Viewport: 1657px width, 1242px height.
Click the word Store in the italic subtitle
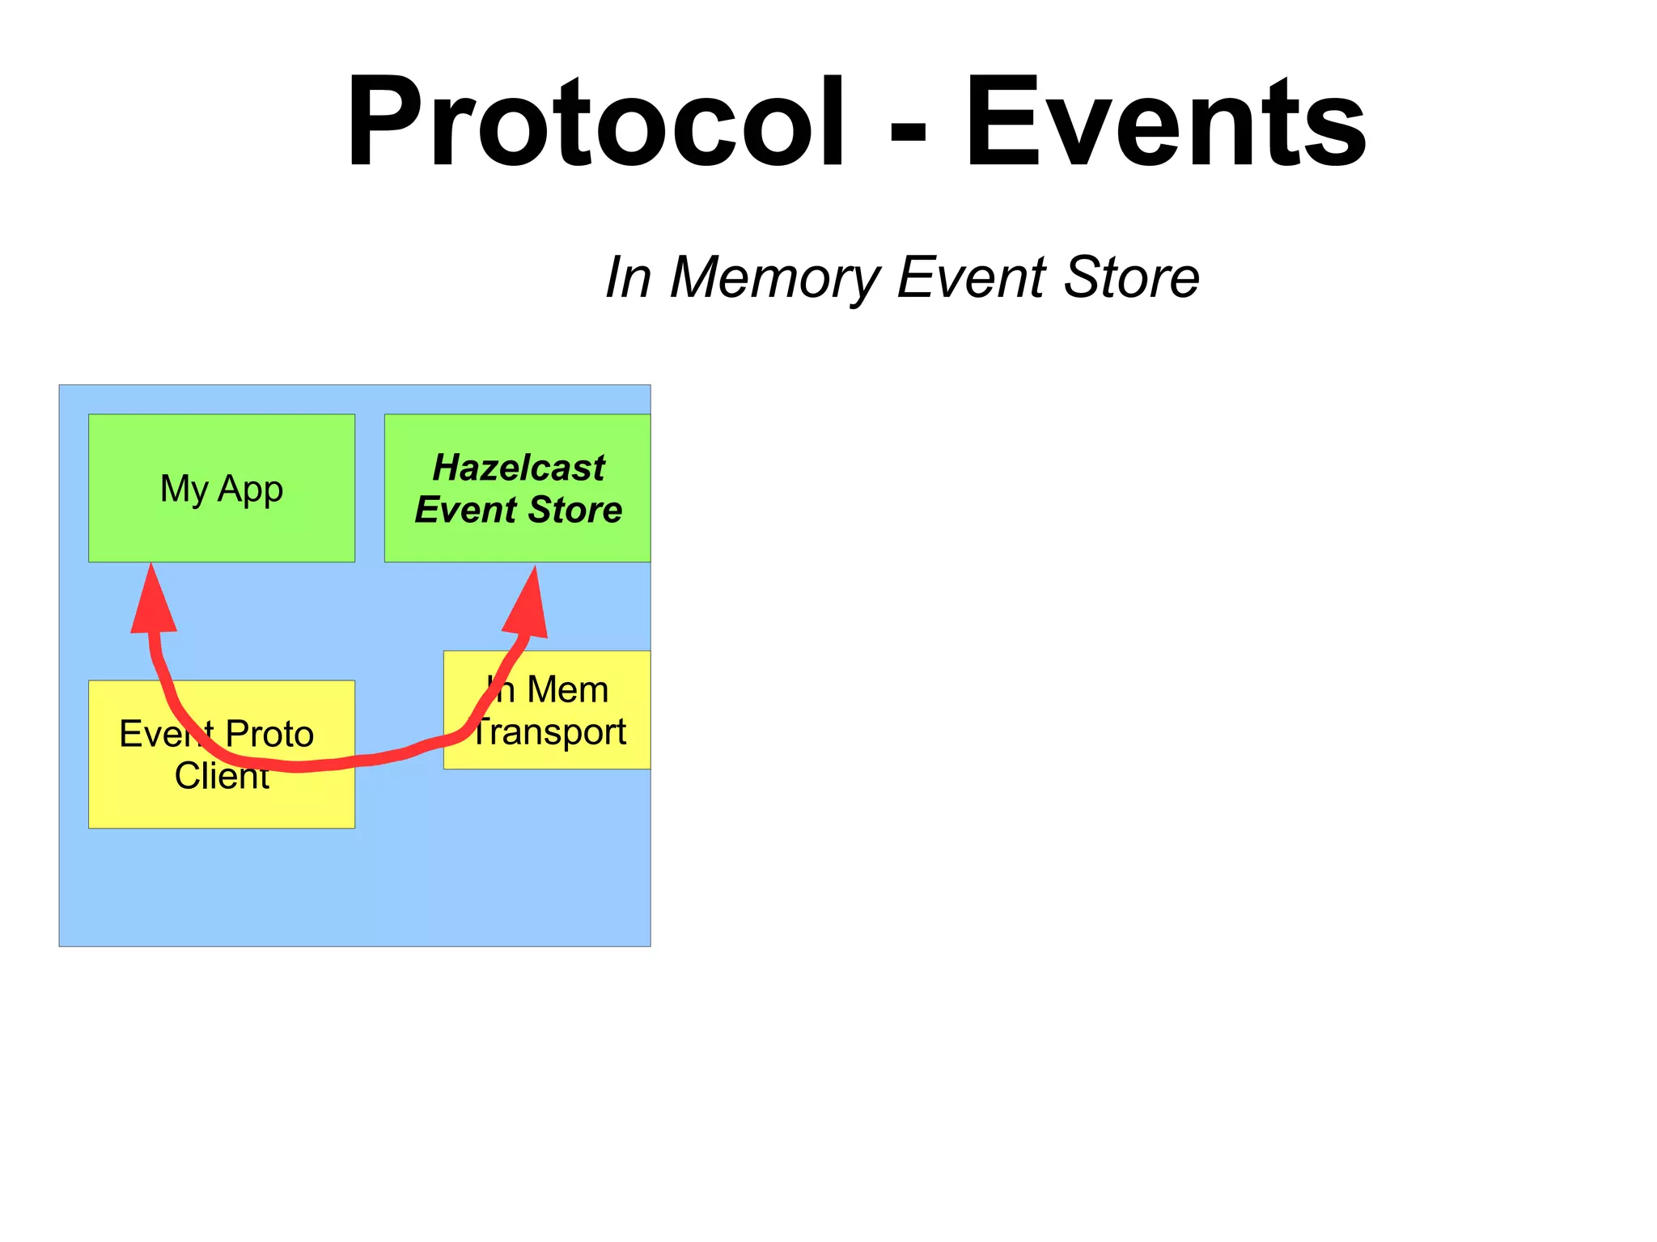pos(1131,278)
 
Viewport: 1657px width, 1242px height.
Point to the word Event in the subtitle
pos(972,278)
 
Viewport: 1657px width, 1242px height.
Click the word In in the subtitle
pos(629,278)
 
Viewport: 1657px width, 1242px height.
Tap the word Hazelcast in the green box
pos(519,468)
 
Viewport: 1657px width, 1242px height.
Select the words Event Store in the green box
pos(519,511)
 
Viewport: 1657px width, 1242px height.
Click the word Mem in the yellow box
pos(567,690)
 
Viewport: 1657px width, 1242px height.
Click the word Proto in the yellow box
pos(269,735)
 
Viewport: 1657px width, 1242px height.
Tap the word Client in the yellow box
pos(221,777)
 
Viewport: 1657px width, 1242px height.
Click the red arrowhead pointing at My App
pos(152,603)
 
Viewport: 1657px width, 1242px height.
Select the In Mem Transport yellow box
pos(615,752)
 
